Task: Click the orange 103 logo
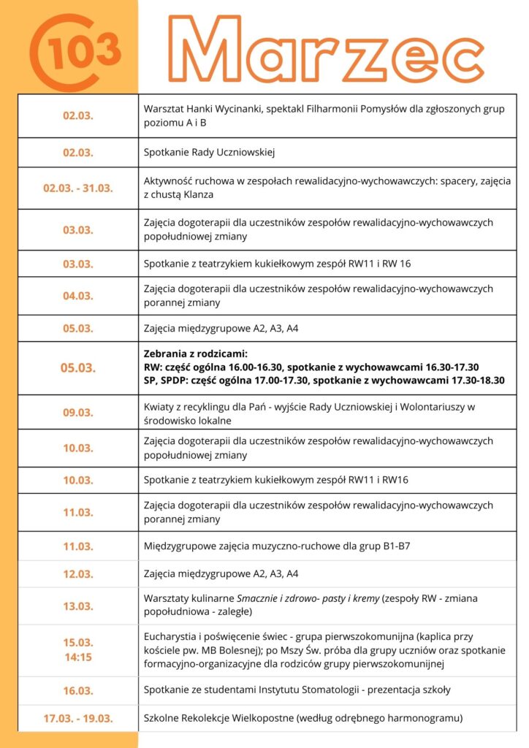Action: pyautogui.click(x=76, y=50)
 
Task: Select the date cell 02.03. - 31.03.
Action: pyautogui.click(x=77, y=188)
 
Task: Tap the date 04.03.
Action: pyautogui.click(x=77, y=296)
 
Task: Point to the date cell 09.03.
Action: pyautogui.click(x=77, y=413)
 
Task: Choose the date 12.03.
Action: pyautogui.click(x=77, y=574)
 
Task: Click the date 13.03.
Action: pyautogui.click(x=77, y=606)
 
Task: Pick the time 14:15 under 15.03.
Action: pyautogui.click(x=77, y=657)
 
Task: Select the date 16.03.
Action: pyautogui.click(x=77, y=690)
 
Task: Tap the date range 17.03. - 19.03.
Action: pyautogui.click(x=77, y=718)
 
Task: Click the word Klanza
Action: pyautogui.click(x=212, y=194)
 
